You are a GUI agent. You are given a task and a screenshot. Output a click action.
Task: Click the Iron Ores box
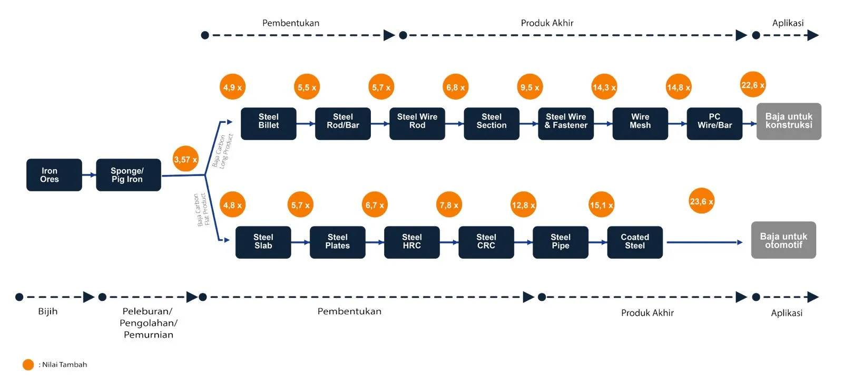tap(54, 175)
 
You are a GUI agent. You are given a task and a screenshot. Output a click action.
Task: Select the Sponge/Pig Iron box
tap(129, 175)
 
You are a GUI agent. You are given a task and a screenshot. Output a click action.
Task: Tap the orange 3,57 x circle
tap(185, 159)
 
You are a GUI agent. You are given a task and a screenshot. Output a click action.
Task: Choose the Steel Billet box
tap(268, 123)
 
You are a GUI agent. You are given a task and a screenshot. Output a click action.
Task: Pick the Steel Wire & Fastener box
tap(566, 123)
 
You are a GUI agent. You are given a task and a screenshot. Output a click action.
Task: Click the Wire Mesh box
tap(640, 123)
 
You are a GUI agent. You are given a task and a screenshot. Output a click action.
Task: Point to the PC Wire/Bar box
tap(714, 123)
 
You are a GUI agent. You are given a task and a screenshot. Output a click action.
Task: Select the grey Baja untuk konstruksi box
tap(789, 121)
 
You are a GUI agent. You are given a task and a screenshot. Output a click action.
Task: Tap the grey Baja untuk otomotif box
tap(783, 240)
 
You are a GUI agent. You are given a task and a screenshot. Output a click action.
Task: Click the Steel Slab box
tap(263, 242)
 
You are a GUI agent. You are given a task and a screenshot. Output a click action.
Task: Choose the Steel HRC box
tap(411, 242)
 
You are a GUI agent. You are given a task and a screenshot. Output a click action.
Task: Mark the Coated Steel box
tap(635, 242)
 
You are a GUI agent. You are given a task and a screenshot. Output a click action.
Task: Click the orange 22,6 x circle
tap(753, 84)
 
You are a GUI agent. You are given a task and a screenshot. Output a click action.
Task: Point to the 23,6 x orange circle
tap(701, 201)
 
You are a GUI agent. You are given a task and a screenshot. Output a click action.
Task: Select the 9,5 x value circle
tap(530, 86)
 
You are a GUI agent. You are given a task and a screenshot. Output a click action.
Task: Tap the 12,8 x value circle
tap(523, 204)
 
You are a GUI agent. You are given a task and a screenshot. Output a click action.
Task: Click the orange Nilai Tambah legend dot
tap(28, 365)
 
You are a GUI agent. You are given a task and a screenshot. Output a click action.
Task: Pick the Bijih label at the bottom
tap(48, 311)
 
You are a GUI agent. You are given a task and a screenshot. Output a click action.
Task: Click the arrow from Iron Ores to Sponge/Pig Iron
tap(89, 175)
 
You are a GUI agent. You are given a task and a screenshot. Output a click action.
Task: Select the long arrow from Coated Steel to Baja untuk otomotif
tap(704, 242)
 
